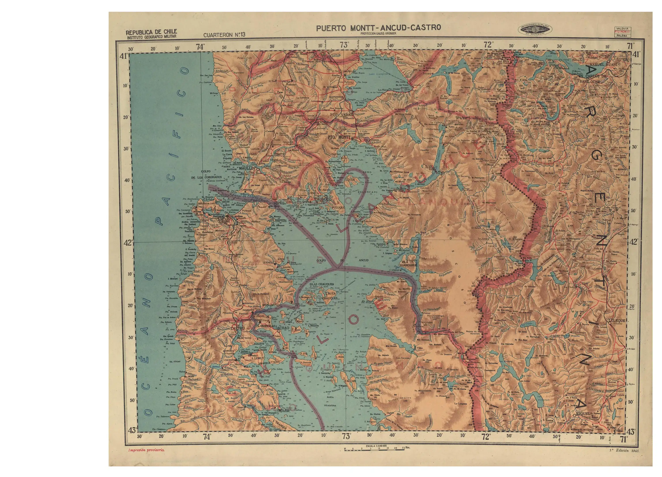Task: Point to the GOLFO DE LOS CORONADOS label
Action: pos(206,174)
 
